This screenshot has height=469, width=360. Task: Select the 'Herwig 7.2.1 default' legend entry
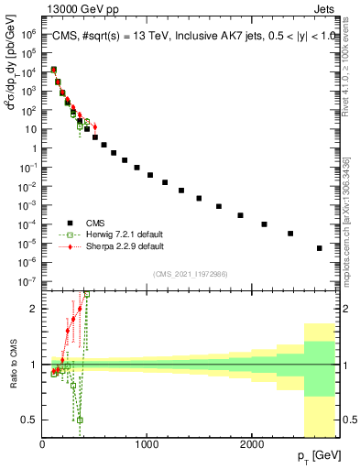(125, 234)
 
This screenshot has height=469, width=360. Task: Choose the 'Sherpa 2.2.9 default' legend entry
(125, 246)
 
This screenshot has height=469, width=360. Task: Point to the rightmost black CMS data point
(319, 248)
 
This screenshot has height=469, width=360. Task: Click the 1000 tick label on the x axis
(147, 443)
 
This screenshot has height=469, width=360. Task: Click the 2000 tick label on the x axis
(252, 443)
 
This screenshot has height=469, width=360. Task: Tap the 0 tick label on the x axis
(42, 443)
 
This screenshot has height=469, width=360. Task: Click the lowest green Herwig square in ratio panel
(80, 420)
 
